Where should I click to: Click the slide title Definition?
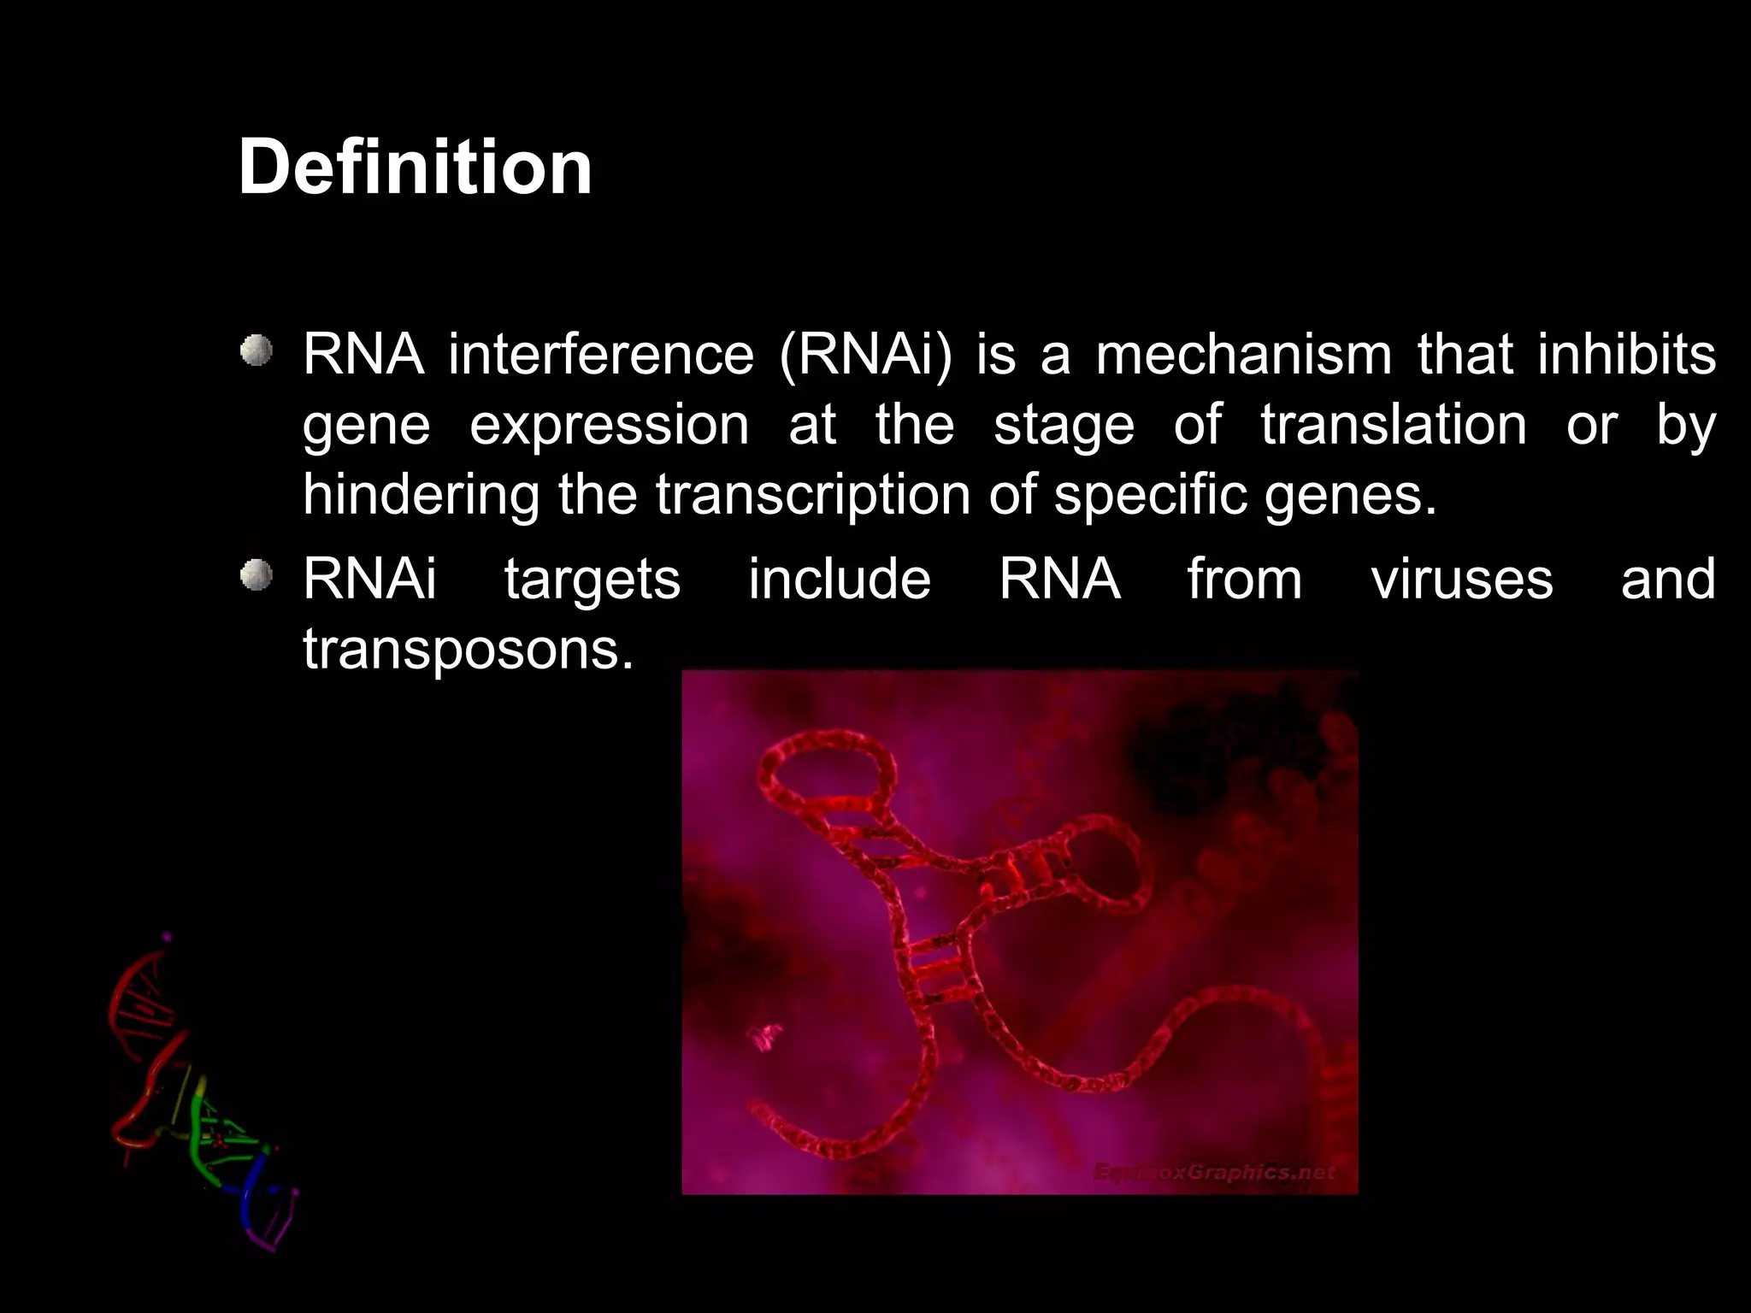[x=415, y=168]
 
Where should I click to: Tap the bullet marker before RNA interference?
[x=256, y=351]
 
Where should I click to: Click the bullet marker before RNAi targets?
[x=256, y=576]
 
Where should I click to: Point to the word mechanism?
[x=1244, y=355]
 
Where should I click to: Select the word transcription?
[x=813, y=495]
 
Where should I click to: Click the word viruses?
[x=1462, y=580]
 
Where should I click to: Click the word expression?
[x=609, y=425]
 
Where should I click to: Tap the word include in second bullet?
[x=840, y=580]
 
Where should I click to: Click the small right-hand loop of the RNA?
[x=1103, y=863]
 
